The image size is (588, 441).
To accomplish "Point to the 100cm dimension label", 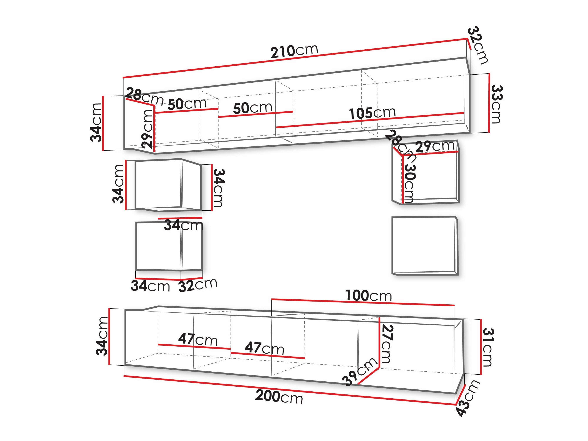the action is [x=369, y=296].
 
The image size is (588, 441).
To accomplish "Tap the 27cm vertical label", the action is [x=387, y=344].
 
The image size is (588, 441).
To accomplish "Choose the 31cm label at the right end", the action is [x=488, y=347].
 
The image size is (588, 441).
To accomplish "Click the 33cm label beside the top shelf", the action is [x=496, y=104].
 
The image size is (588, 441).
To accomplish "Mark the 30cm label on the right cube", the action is [x=409, y=183].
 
